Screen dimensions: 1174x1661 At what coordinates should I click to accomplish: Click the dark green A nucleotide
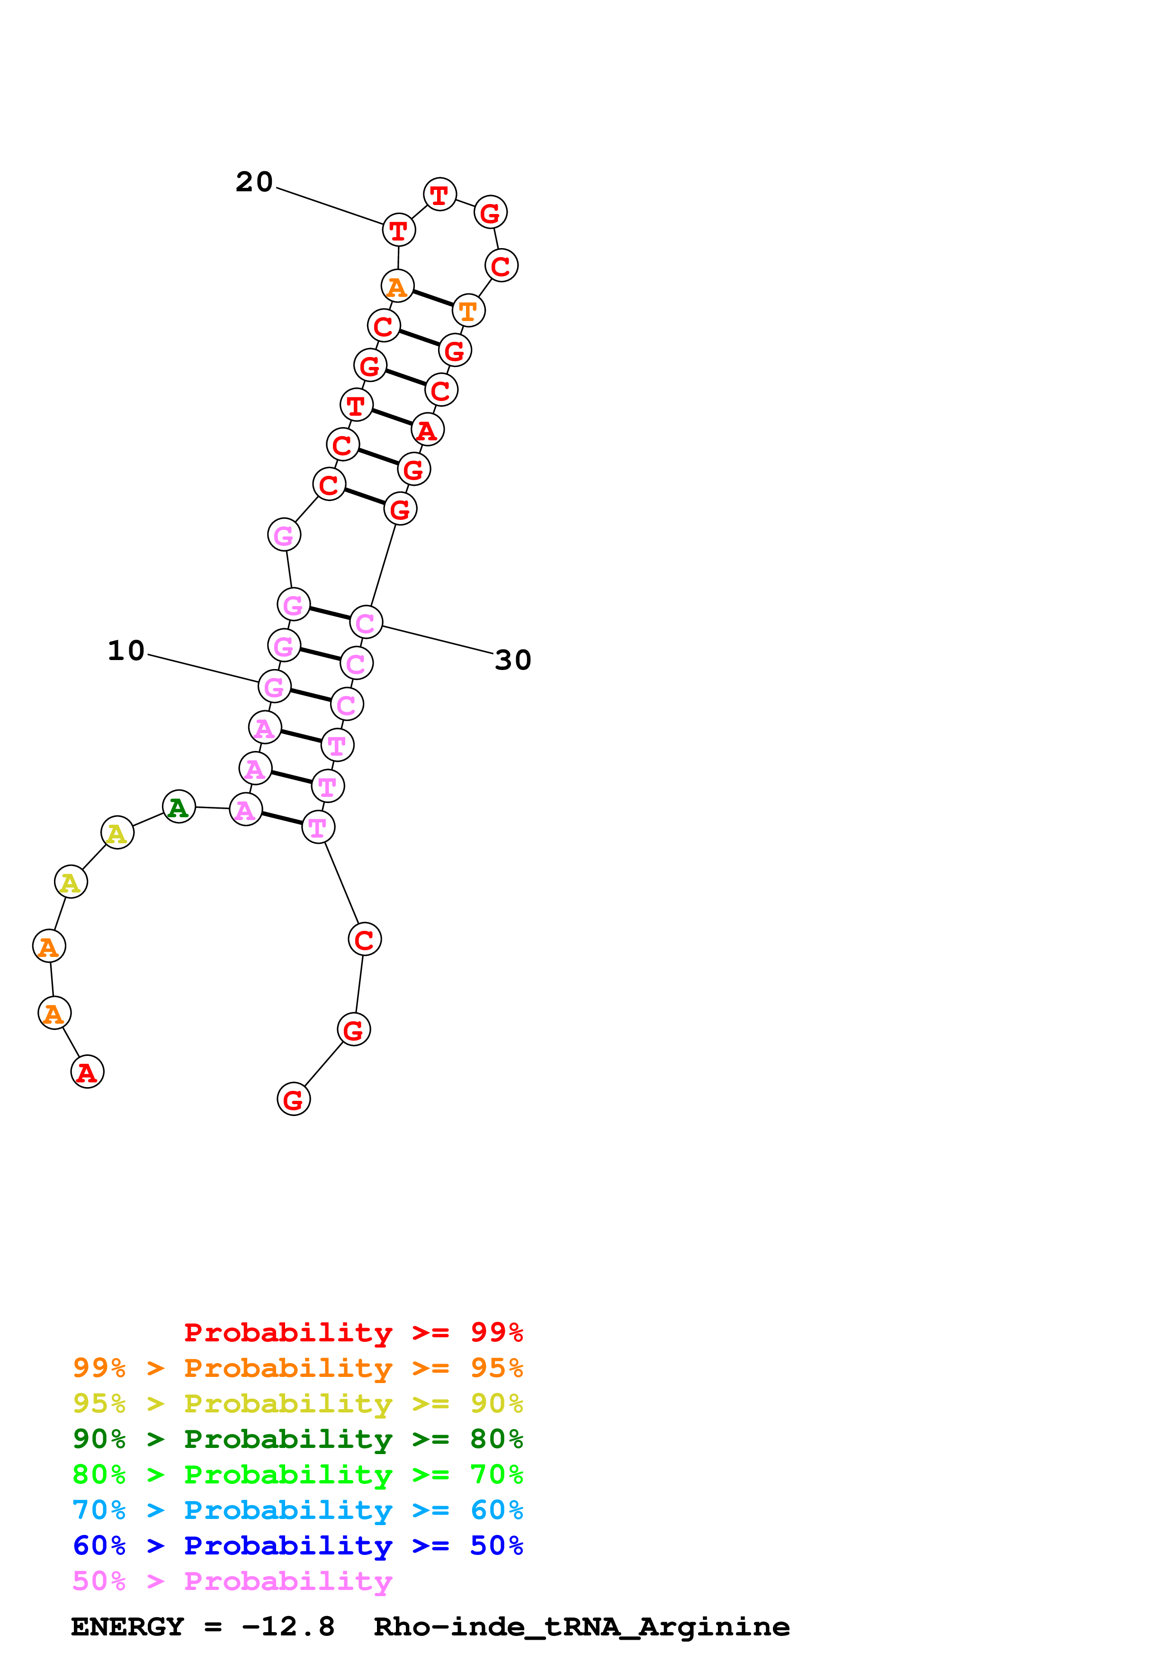click(179, 807)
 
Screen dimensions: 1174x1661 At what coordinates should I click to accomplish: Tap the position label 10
click(126, 651)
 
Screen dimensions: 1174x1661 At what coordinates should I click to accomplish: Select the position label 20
click(254, 181)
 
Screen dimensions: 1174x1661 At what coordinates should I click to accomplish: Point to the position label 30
click(513, 660)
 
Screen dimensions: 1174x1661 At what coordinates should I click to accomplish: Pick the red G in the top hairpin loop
click(491, 212)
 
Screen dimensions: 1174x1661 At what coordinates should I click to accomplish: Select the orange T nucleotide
click(469, 310)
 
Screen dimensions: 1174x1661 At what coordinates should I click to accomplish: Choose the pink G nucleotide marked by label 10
click(274, 687)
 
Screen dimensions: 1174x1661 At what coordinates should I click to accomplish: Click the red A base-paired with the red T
click(428, 430)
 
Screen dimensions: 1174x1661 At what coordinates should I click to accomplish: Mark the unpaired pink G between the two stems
click(284, 536)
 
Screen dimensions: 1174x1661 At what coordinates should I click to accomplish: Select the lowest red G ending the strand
click(293, 1099)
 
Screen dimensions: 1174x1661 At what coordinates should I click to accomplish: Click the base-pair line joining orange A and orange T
click(432, 298)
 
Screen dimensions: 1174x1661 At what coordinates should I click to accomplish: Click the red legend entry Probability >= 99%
click(353, 1332)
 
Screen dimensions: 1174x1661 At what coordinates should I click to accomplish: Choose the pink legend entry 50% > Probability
click(232, 1581)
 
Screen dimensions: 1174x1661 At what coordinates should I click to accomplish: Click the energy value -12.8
click(288, 1627)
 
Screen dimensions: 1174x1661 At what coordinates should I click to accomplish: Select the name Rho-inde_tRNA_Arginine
click(581, 1627)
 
